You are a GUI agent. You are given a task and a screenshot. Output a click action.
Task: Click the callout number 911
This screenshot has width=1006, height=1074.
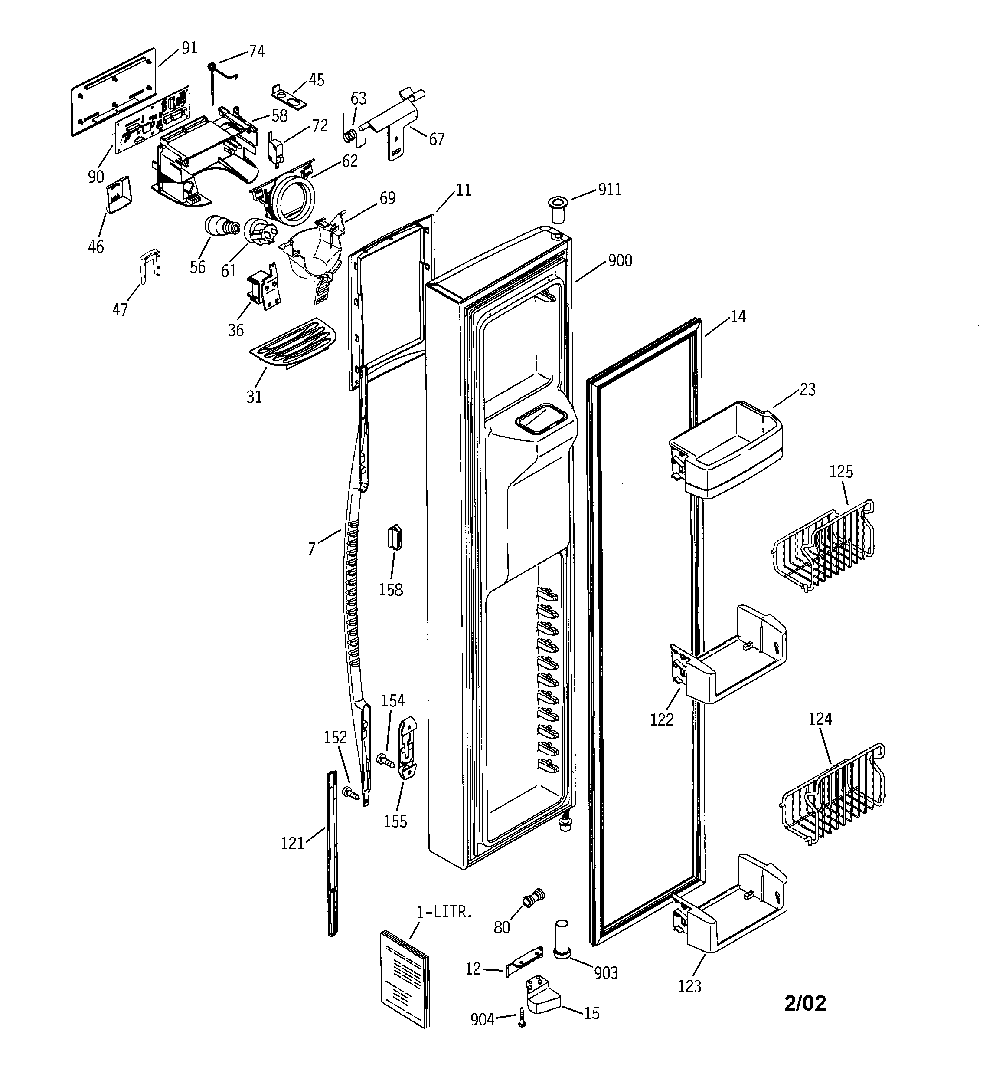point(610,190)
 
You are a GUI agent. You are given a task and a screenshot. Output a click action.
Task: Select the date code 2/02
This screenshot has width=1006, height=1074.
point(805,1003)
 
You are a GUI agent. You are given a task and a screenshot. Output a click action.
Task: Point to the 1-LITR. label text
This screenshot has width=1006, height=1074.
point(444,912)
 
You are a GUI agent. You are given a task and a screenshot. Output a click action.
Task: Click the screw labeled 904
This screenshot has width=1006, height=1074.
point(522,1017)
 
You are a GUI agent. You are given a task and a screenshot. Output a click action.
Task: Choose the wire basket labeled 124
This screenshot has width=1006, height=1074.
point(834,793)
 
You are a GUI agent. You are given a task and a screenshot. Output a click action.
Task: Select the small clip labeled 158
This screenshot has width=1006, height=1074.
point(395,536)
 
